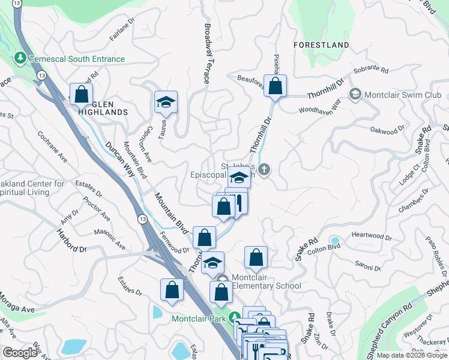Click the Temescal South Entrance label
tap(76, 59)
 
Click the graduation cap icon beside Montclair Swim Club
tap(355, 95)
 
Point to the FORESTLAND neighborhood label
tap(321, 45)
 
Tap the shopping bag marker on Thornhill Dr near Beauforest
tap(276, 85)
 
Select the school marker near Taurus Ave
tap(166, 101)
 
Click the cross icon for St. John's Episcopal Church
tap(265, 170)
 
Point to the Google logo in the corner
tap(20, 352)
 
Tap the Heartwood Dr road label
tap(372, 236)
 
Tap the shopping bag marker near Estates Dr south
tap(172, 290)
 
